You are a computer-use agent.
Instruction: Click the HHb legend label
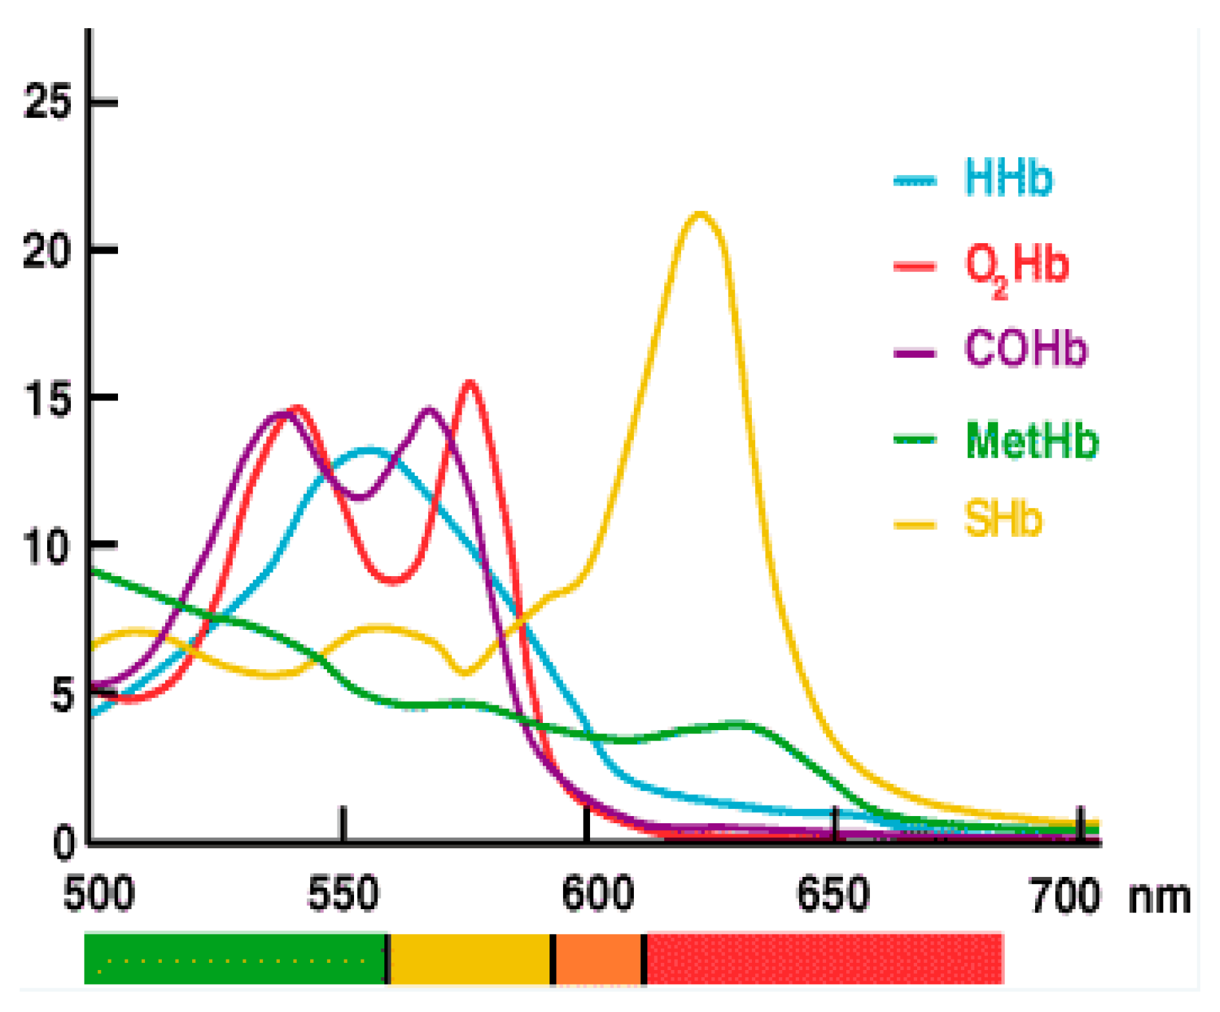1008,178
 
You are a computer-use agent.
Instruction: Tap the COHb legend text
1025,349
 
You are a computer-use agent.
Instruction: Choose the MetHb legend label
1031,440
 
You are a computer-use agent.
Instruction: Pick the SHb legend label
1002,520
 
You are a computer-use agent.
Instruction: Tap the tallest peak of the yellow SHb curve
700,214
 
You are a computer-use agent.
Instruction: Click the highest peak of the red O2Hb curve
470,382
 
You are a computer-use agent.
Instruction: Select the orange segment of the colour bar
598,959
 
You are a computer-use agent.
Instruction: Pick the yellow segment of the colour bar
469,959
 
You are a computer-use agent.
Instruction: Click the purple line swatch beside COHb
914,353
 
